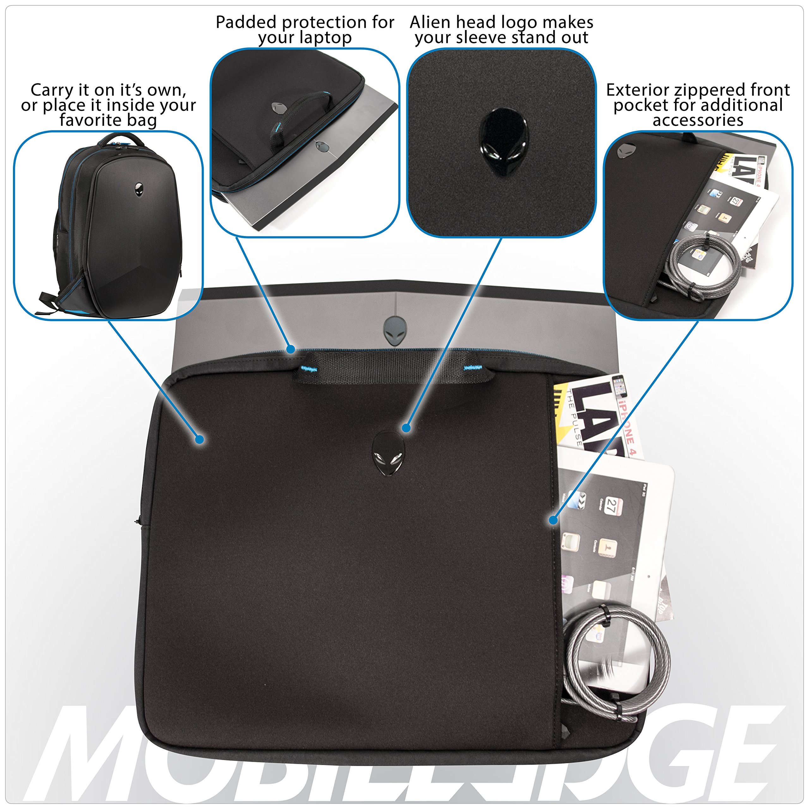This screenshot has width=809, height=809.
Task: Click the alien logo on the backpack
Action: pyautogui.click(x=139, y=189)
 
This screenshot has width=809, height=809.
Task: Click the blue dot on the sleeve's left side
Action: pyautogui.click(x=200, y=439)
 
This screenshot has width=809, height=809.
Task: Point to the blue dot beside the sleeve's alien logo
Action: pyautogui.click(x=406, y=428)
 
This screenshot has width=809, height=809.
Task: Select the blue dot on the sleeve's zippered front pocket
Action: pyautogui.click(x=553, y=520)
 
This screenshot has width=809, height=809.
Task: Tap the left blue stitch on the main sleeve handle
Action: pyautogui.click(x=309, y=368)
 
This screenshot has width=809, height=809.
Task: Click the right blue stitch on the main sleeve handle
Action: pyautogui.click(x=473, y=368)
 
